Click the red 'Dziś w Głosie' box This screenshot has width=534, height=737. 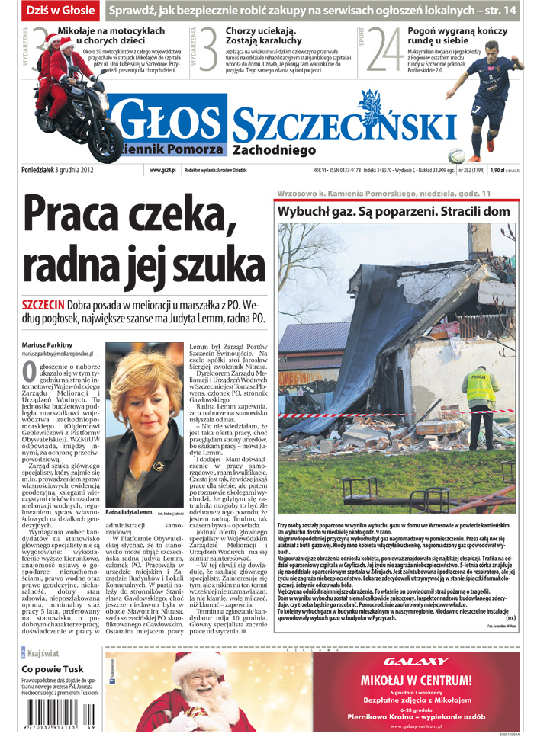point(60,11)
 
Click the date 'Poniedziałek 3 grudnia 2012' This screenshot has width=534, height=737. point(58,170)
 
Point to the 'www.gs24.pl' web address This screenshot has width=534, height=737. point(163,170)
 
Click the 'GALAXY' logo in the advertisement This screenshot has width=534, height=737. point(416,661)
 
